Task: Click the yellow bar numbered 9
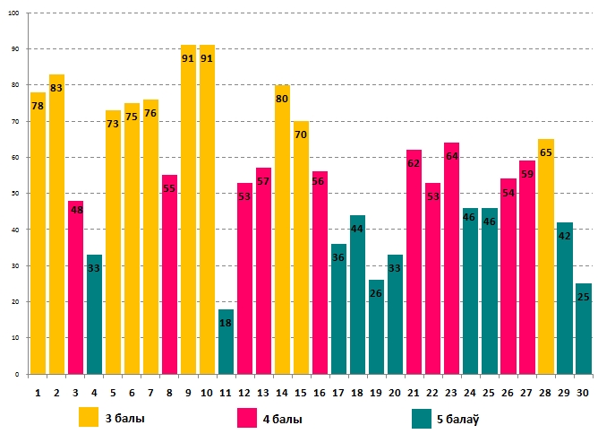(188, 215)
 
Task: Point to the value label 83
(56, 88)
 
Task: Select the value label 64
(451, 156)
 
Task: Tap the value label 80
(282, 99)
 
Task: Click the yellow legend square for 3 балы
(89, 418)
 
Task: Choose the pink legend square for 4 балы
(246, 418)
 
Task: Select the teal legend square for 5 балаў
(423, 418)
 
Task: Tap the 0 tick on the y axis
(22, 374)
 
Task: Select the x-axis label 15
(301, 391)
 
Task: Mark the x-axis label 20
(395, 391)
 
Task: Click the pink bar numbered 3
(75, 296)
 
